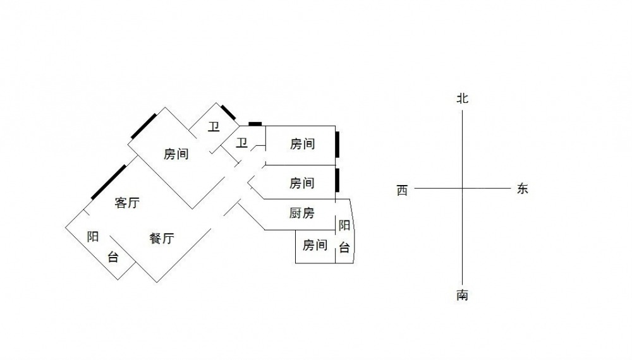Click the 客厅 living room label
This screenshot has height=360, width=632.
[127, 203]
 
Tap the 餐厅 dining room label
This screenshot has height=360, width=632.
[162, 239]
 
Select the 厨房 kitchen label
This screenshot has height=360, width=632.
[302, 213]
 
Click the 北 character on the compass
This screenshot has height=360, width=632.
[463, 99]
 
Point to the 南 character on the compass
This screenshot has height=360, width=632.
[463, 295]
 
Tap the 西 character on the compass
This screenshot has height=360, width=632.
[403, 190]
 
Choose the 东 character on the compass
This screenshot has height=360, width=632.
[522, 188]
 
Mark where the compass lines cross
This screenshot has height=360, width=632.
[463, 188]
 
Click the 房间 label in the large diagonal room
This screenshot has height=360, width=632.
[176, 154]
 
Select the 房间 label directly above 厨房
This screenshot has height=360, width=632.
[302, 183]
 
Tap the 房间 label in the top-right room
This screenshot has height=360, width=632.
[302, 145]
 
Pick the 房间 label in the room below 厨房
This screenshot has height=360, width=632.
[315, 245]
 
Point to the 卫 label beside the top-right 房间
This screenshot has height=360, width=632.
[241, 143]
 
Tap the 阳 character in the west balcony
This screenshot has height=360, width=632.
[93, 237]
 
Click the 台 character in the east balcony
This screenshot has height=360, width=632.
[344, 248]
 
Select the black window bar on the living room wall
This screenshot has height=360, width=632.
[108, 181]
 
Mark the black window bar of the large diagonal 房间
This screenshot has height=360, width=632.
[144, 124]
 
